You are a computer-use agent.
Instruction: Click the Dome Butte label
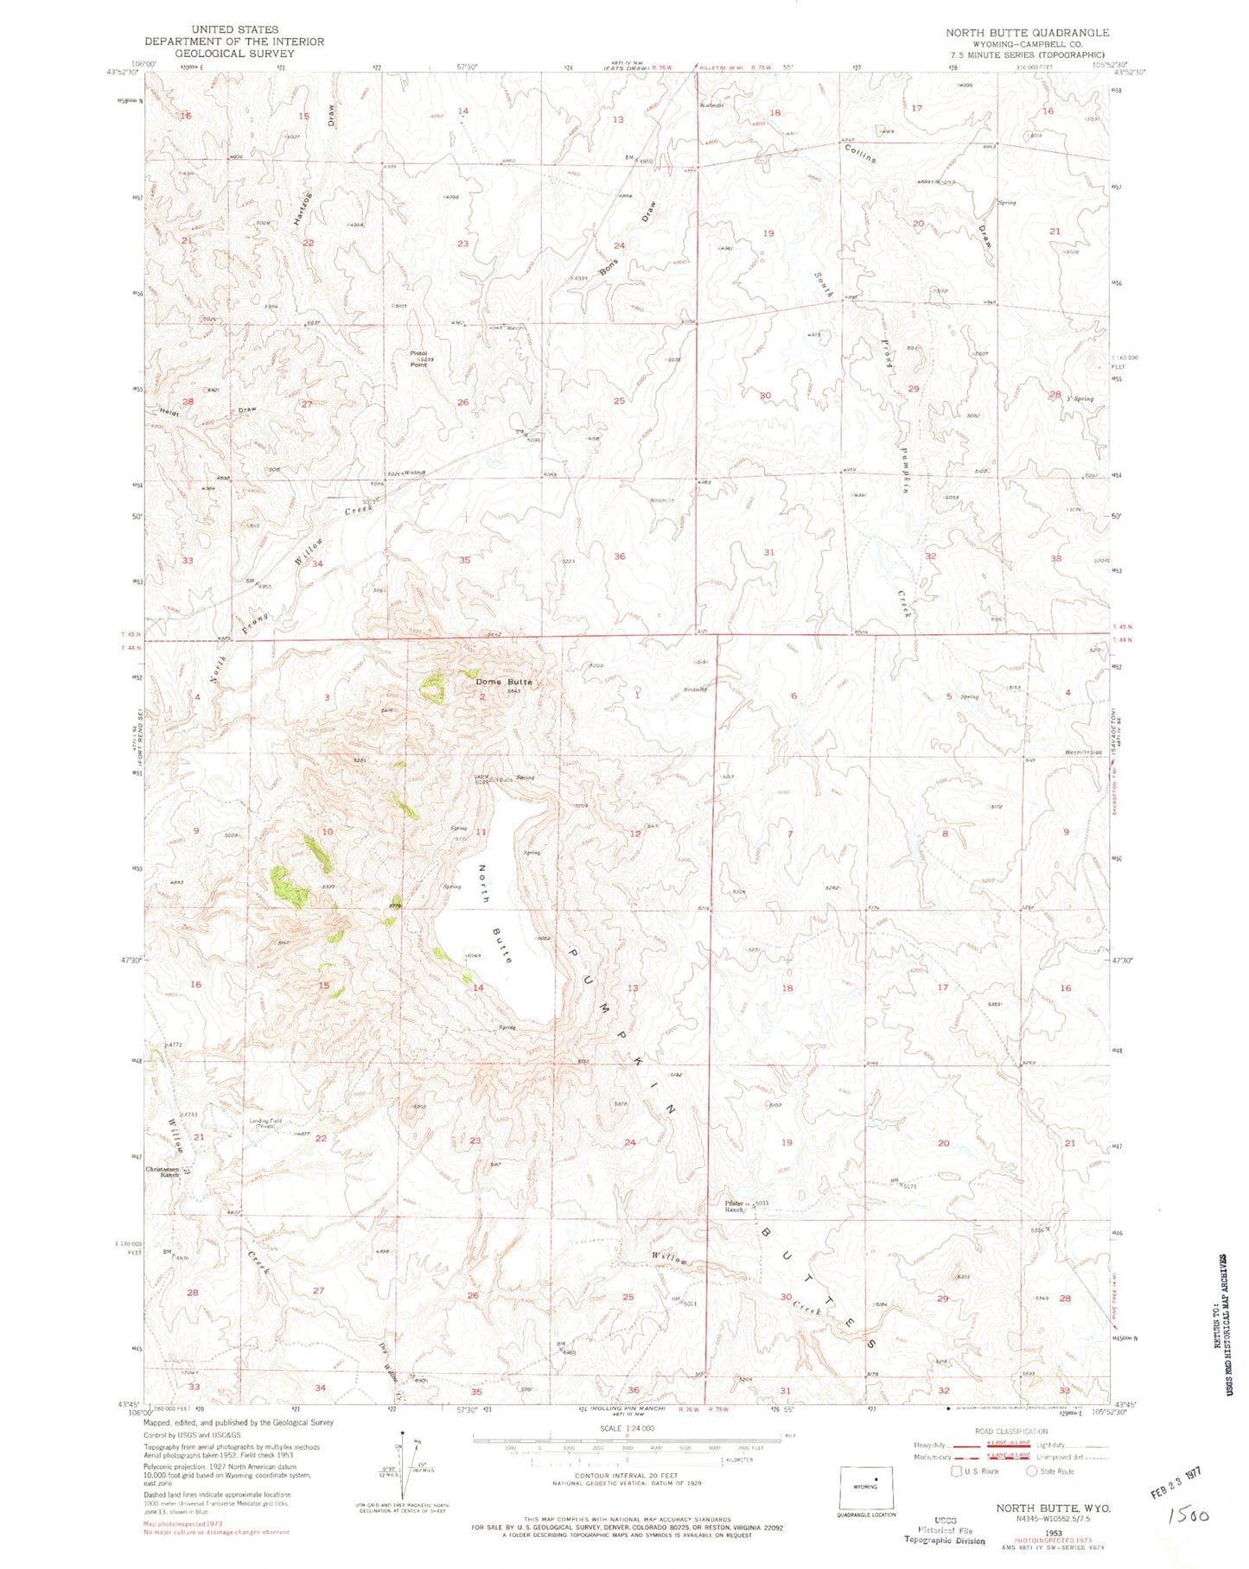[504, 682]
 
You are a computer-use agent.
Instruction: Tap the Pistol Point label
[418, 359]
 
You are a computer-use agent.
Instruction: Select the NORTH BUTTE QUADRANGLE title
[1027, 32]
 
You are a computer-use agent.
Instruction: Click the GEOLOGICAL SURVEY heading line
[211, 53]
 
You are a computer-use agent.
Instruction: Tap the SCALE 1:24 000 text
[628, 1428]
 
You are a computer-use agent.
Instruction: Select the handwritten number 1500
[1188, 1515]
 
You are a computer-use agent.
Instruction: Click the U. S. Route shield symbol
[957, 1471]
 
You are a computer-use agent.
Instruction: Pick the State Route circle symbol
[1031, 1471]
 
